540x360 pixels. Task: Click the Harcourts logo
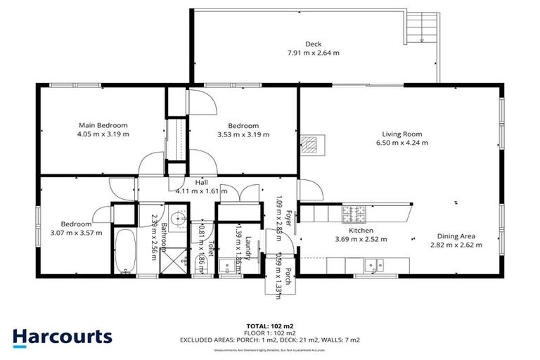coord(62,336)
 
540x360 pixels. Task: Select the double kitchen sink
coord(373,265)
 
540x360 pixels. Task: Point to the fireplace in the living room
coord(310,145)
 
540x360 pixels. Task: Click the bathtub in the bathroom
coord(124,252)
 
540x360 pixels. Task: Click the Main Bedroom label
coord(103,125)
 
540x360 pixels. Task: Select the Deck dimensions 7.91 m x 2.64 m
coord(314,52)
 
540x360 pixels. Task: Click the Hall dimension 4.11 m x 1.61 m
coord(201,191)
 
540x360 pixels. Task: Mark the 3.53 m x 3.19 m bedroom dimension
coord(243,134)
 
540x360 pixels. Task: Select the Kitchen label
coord(361,230)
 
